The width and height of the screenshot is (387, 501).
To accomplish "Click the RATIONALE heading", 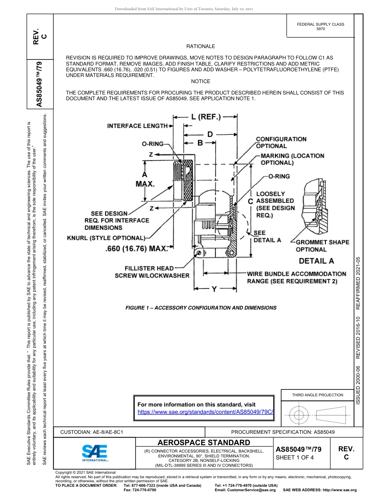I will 200,47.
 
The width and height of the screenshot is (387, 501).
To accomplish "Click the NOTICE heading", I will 200,81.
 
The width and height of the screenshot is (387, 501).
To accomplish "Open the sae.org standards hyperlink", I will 205,412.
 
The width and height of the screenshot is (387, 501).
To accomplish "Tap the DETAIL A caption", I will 316,261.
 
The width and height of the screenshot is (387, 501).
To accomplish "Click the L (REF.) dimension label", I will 206,117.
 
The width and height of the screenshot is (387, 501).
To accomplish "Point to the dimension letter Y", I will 214,289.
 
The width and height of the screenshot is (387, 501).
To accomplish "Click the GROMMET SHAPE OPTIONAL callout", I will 322,246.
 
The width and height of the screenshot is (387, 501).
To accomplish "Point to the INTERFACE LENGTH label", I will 137,126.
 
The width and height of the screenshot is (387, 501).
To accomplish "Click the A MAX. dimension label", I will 145,179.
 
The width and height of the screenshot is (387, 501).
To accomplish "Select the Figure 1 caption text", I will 201,308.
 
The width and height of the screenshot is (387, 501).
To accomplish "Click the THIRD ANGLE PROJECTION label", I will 317,395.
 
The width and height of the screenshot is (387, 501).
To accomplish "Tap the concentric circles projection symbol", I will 299,415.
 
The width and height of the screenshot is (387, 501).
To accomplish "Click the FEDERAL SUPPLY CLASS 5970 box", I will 321,26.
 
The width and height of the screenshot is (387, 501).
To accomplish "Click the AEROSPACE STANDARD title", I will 204,442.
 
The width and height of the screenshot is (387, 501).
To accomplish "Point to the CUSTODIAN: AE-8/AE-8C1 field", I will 92,432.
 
